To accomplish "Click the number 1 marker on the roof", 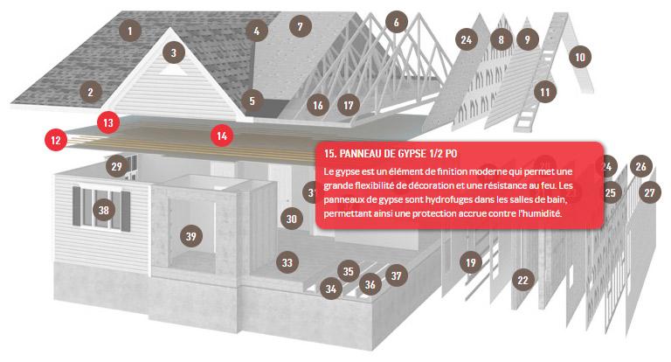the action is [x=130, y=31].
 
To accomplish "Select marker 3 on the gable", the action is [x=173, y=52].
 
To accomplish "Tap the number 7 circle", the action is [x=300, y=26].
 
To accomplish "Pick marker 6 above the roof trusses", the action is [x=397, y=22].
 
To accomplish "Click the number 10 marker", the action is [x=580, y=57].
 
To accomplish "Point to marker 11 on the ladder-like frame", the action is [x=545, y=92].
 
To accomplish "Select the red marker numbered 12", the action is [x=56, y=140].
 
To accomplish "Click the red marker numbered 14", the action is [x=222, y=136].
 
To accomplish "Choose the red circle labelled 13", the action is [x=108, y=122].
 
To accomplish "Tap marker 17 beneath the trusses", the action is [x=349, y=106].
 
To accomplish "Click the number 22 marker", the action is [x=523, y=280].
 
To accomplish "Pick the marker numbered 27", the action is [x=650, y=192].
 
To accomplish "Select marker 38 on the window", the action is [x=104, y=210].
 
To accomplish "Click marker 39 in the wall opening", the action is [x=190, y=236].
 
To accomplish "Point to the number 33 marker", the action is [x=287, y=262].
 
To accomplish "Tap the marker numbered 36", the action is [x=370, y=284].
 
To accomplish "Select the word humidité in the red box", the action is [x=540, y=213].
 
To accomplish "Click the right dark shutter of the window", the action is [x=126, y=212].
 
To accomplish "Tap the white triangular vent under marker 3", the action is [x=173, y=69].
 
